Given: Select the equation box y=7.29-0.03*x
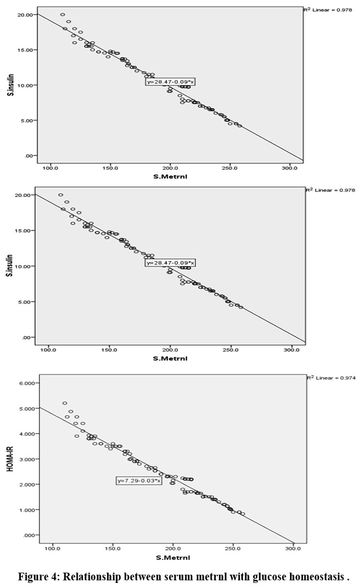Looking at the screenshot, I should [139, 481].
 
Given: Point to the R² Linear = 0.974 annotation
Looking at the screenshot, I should [331, 378].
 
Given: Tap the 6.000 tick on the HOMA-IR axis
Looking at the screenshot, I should [25, 383].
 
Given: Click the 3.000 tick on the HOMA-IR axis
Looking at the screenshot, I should [25, 459].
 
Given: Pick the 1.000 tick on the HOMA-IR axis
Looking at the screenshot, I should [25, 510].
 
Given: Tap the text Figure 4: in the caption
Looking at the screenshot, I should [37, 577].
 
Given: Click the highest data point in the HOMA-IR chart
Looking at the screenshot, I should [65, 403].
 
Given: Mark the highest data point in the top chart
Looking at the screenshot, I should [62, 15].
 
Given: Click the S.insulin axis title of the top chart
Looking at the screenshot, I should [10, 84].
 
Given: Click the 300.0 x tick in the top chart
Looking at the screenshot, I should [289, 168].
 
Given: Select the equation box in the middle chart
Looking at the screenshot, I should [171, 263].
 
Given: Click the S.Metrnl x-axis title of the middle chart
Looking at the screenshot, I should [170, 358].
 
